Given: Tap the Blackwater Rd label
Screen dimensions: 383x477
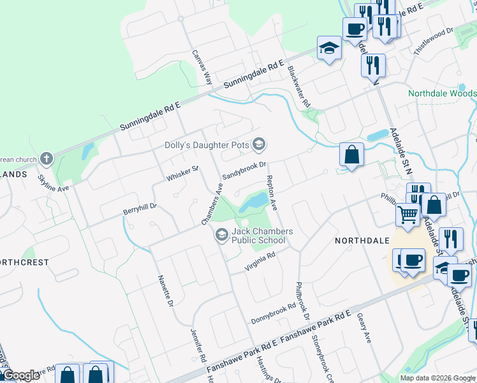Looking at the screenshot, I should pyautogui.click(x=298, y=86).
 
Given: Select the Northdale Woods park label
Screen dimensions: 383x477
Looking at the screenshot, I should pyautogui.click(x=442, y=93).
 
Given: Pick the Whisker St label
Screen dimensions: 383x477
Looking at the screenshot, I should pyautogui.click(x=183, y=173).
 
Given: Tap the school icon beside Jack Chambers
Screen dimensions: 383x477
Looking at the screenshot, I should pyautogui.click(x=221, y=236).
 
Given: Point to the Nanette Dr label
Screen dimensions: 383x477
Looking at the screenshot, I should pyautogui.click(x=165, y=290).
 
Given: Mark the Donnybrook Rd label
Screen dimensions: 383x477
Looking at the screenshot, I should pyautogui.click(x=274, y=308).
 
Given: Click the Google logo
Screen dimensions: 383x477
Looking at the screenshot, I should pyautogui.click(x=22, y=376).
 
